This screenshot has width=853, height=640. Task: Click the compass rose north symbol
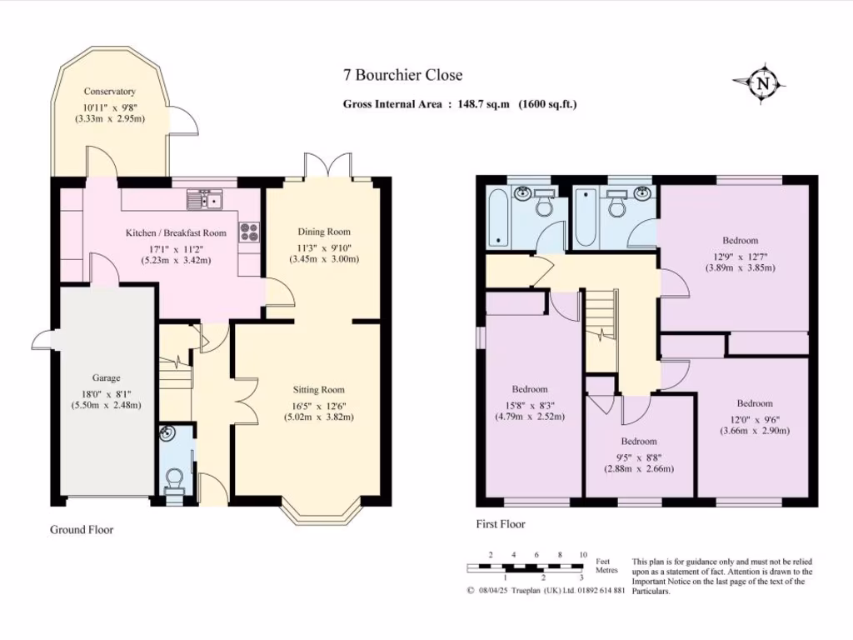click(762, 84)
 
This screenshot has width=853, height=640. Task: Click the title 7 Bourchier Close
click(402, 75)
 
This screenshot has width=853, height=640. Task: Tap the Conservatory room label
click(109, 92)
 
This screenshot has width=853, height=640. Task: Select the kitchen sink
click(205, 200)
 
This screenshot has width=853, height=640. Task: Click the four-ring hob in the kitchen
click(250, 232)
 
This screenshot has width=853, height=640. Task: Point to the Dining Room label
click(324, 232)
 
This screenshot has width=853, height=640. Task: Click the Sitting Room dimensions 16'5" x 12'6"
click(318, 406)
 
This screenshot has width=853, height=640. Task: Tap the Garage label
click(106, 377)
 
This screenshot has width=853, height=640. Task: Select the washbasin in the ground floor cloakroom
click(167, 433)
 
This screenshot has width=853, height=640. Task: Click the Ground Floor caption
click(82, 529)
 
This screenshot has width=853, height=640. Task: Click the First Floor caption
click(501, 524)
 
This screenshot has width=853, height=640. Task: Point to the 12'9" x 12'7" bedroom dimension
click(740, 257)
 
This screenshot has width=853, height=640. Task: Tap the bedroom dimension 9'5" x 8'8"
click(639, 457)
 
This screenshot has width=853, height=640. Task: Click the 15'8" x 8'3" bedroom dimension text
click(529, 406)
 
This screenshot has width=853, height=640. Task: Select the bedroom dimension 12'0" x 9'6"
click(755, 420)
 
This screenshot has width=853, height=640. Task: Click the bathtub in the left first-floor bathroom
click(499, 217)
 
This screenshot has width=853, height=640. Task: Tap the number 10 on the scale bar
click(583, 555)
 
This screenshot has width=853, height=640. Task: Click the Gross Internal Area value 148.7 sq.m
click(483, 104)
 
